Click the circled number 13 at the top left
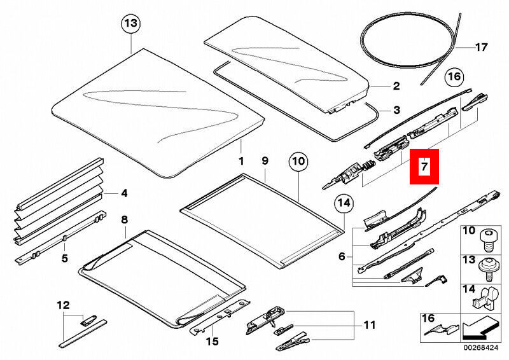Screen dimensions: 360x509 tap(130, 24)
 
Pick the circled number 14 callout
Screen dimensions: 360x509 tap(344, 204)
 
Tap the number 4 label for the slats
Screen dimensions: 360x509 tap(124, 192)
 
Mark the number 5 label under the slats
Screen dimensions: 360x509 tap(64, 258)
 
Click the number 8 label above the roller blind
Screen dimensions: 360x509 tap(124, 220)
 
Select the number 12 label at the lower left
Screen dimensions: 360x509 tap(63, 306)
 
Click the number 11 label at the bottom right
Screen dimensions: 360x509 tap(370, 326)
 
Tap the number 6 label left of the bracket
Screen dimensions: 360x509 tap(342, 256)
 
